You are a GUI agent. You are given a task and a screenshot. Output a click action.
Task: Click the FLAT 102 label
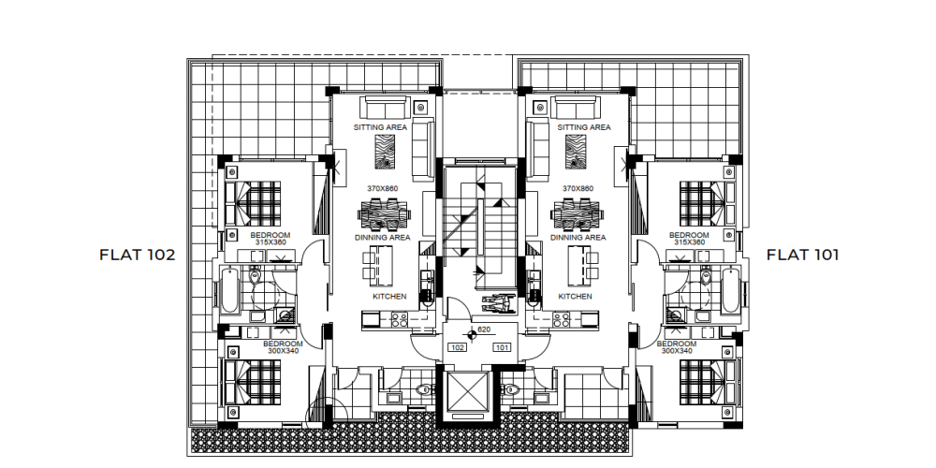[138, 255]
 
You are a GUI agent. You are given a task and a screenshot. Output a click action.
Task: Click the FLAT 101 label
[802, 255]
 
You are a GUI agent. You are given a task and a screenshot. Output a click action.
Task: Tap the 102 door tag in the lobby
[458, 347]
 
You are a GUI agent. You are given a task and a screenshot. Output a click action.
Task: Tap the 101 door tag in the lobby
[502, 347]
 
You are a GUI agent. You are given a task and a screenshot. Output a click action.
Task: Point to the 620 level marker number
[484, 329]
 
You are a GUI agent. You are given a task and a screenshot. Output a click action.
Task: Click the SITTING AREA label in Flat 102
[380, 127]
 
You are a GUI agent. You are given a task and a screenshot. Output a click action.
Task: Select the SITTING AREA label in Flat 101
[584, 127]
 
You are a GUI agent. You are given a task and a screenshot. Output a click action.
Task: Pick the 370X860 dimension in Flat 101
[578, 189]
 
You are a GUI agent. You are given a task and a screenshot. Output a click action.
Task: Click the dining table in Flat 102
[385, 214]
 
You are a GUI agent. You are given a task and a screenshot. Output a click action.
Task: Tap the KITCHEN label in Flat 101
[576, 297]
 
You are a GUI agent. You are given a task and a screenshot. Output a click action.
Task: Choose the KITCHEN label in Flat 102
[389, 297]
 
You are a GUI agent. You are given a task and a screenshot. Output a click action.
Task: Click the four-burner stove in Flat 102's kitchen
[400, 319]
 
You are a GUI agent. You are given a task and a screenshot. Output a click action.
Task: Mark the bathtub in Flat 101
[730, 291]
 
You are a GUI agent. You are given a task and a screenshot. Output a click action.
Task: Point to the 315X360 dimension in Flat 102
[271, 242]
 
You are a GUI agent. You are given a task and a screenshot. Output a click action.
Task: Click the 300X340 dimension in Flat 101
[677, 351]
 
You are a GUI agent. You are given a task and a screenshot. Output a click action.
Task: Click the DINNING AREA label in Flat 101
[578, 238]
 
